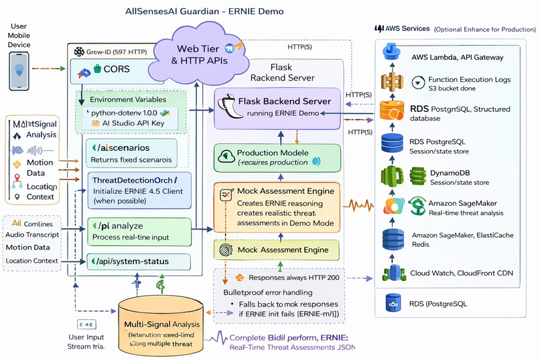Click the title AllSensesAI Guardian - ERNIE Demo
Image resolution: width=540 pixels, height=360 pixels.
tap(204, 11)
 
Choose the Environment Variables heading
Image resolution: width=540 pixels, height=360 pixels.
tap(129, 99)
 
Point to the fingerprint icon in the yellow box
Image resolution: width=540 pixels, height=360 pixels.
tap(226, 249)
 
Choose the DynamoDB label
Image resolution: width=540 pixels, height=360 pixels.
tap(431, 173)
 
